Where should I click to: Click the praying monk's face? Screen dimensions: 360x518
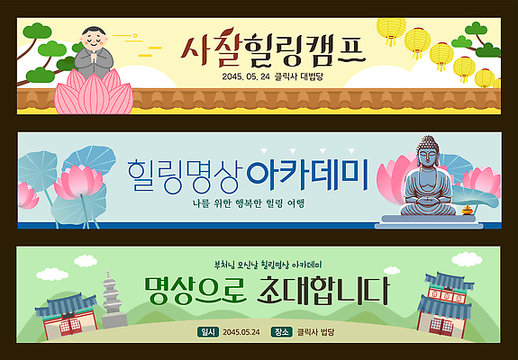point(94,40)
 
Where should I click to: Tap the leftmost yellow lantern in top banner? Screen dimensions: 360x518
point(391,31)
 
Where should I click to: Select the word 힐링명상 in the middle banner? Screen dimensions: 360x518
point(183,173)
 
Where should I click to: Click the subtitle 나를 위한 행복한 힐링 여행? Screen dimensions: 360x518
point(248,202)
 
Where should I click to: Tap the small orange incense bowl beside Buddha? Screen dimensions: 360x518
point(468,211)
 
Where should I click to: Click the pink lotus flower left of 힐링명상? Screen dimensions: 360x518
point(83,181)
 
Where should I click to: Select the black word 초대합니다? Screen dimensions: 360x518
point(322,291)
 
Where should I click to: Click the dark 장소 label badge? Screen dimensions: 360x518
point(280,332)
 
